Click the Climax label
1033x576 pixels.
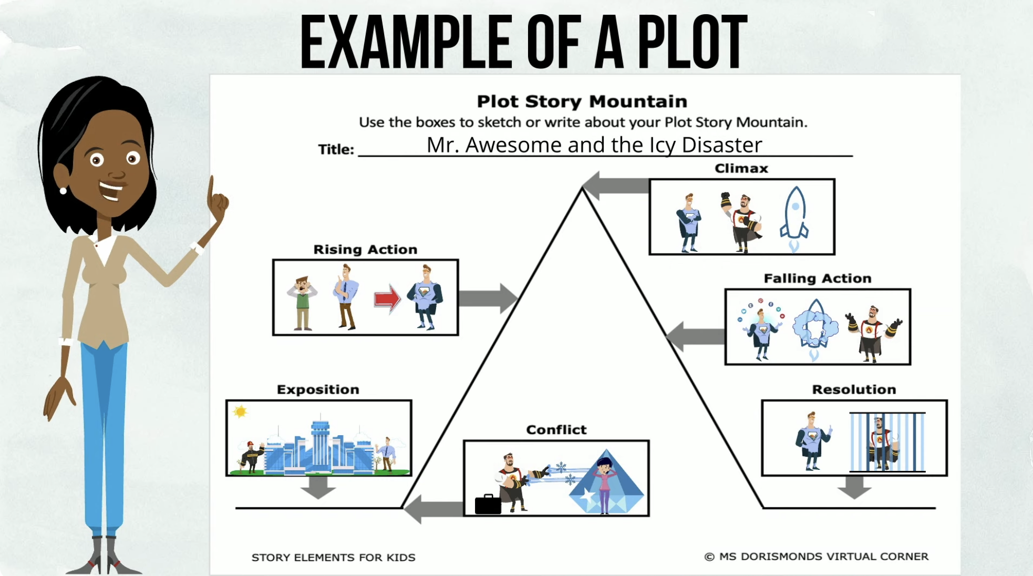pyautogui.click(x=741, y=169)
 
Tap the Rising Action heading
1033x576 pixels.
pyautogui.click(x=365, y=250)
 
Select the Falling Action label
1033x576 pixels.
pyautogui.click(x=817, y=279)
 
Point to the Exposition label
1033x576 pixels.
pyautogui.click(x=318, y=389)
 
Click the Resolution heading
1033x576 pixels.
pyautogui.click(x=854, y=389)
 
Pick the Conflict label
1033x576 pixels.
pyautogui.click(x=556, y=430)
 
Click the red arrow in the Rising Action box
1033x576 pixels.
pyautogui.click(x=387, y=299)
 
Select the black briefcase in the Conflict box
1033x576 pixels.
pyautogui.click(x=488, y=504)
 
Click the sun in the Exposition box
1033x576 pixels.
pyautogui.click(x=240, y=412)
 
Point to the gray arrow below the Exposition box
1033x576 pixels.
pyautogui.click(x=318, y=487)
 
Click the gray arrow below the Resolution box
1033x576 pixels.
pyautogui.click(x=854, y=487)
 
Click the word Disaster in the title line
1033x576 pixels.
pyautogui.click(x=721, y=145)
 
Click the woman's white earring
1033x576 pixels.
pyautogui.click(x=64, y=191)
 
